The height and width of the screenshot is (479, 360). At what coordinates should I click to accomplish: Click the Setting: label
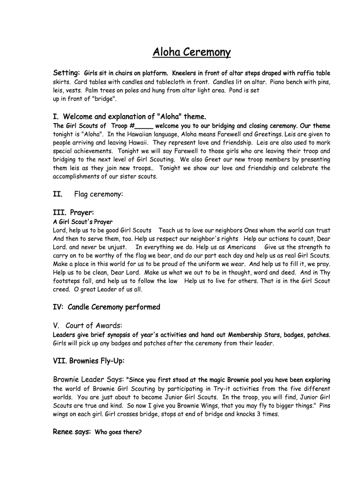(66, 73)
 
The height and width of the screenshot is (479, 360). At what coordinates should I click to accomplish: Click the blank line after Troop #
(144, 126)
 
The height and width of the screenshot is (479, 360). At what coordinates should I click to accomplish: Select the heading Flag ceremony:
(99, 194)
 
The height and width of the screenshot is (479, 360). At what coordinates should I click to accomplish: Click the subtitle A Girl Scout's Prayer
(83, 222)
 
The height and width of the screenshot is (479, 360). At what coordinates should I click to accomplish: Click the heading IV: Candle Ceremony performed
(107, 307)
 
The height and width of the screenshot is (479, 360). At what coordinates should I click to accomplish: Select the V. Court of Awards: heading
(87, 326)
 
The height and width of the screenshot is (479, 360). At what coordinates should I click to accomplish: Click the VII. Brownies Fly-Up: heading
(88, 361)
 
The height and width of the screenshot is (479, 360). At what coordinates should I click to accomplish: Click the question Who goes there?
(118, 432)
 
